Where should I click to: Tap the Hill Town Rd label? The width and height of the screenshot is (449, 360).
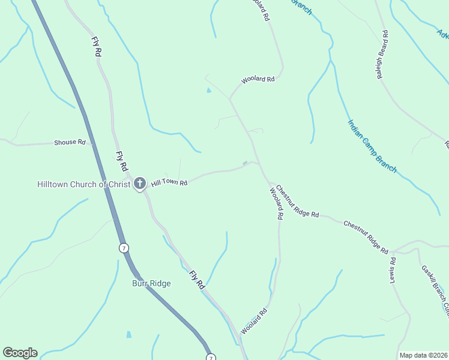pyautogui.click(x=169, y=182)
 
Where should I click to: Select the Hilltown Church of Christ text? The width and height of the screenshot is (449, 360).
pyautogui.click(x=83, y=184)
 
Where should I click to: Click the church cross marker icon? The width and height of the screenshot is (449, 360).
pyautogui.click(x=140, y=184)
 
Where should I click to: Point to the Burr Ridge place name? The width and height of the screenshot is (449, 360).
pyautogui.click(x=152, y=284)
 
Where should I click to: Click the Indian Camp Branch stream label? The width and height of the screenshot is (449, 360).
pyautogui.click(x=372, y=146)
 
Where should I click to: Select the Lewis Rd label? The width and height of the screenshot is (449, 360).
pyautogui.click(x=393, y=270)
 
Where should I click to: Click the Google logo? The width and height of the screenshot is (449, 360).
pyautogui.click(x=20, y=353)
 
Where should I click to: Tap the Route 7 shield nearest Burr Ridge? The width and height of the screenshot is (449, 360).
pyautogui.click(x=124, y=248)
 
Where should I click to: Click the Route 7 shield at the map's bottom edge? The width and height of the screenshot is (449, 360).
pyautogui.click(x=210, y=358)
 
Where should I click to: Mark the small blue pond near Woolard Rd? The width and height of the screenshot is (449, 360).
pyautogui.click(x=208, y=91)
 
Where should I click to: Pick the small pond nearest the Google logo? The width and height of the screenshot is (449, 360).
pyautogui.click(x=128, y=335)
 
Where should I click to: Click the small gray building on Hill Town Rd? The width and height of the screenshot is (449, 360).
pyautogui.click(x=244, y=163)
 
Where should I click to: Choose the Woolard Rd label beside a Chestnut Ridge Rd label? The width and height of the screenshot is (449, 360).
pyautogui.click(x=276, y=204)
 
